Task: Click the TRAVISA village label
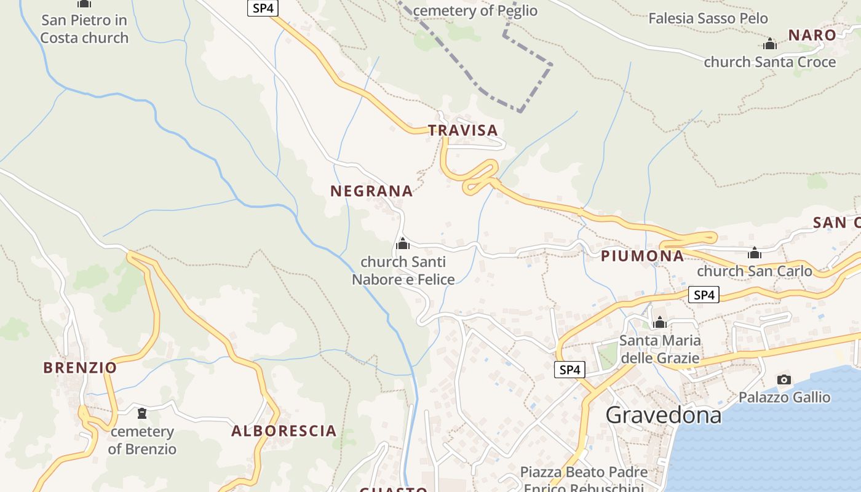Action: pyautogui.click(x=462, y=130)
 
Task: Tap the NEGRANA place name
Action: pyautogui.click(x=371, y=191)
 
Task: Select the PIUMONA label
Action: pyautogui.click(x=642, y=256)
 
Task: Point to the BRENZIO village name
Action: pyautogui.click(x=80, y=368)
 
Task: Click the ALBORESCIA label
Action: pyautogui.click(x=284, y=431)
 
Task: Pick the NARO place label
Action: pyautogui.click(x=812, y=35)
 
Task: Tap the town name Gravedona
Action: pyautogui.click(x=663, y=415)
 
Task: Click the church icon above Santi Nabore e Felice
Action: pyautogui.click(x=403, y=244)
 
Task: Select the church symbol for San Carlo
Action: pyautogui.click(x=755, y=253)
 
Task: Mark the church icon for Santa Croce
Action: pyautogui.click(x=769, y=44)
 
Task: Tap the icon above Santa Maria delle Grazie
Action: pyautogui.click(x=660, y=322)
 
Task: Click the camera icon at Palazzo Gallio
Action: pyautogui.click(x=784, y=379)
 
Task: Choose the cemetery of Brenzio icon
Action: pyautogui.click(x=142, y=413)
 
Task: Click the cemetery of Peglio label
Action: pyautogui.click(x=475, y=10)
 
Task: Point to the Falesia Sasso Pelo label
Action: pyautogui.click(x=708, y=18)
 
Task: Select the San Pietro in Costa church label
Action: pyautogui.click(x=84, y=29)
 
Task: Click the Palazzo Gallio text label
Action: pyautogui.click(x=784, y=397)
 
